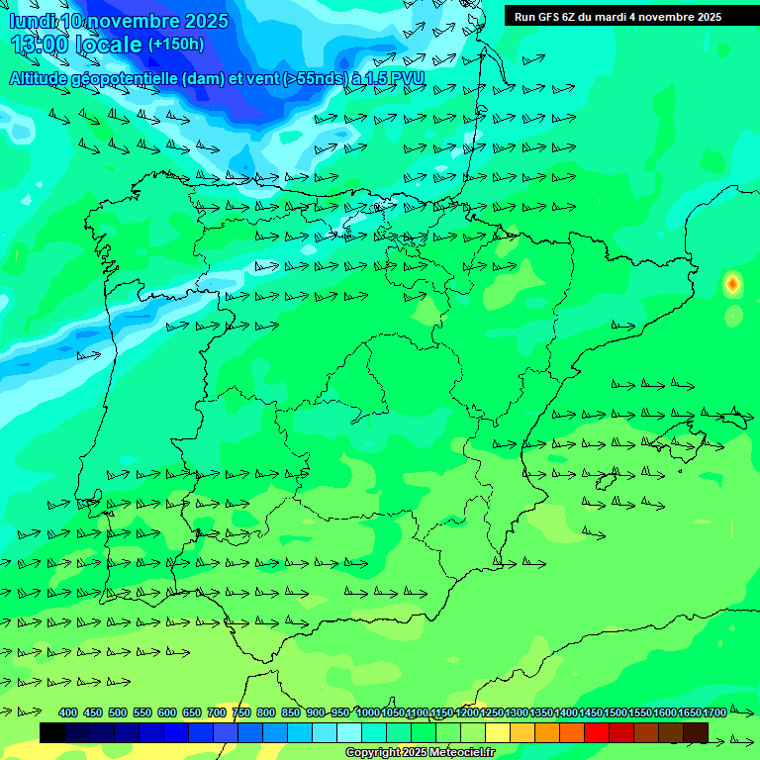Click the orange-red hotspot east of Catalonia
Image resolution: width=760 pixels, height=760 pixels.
click(732, 285)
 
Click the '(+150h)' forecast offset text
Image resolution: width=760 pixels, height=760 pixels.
click(175, 44)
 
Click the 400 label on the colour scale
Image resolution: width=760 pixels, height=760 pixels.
click(68, 712)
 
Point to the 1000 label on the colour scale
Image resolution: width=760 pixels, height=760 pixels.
click(368, 712)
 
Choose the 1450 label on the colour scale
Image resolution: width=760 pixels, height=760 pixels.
click(591, 712)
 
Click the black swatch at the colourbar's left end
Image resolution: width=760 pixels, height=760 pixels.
click(52, 732)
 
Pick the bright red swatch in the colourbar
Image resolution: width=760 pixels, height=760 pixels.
click(597, 732)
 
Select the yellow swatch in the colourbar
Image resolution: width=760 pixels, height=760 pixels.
click(498, 732)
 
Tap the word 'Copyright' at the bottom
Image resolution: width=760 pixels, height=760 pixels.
click(372, 753)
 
